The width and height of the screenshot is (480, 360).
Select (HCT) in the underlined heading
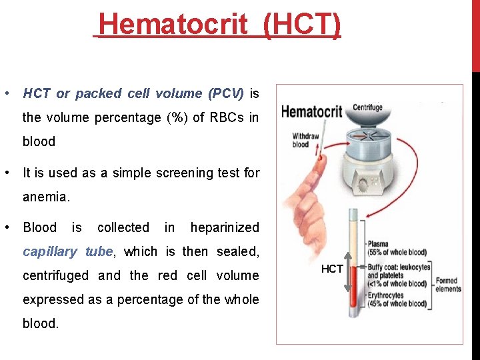pos(302,25)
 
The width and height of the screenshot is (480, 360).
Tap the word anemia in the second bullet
pos(45,197)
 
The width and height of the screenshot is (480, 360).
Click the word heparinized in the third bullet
pos(225,227)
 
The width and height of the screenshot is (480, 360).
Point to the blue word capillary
pos(51,251)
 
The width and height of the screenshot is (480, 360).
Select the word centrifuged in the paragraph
pos(56,275)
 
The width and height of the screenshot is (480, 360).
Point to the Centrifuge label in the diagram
pos(367,107)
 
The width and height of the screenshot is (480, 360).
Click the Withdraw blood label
pos(301,141)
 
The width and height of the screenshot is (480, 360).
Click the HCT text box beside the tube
pos(332,269)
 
